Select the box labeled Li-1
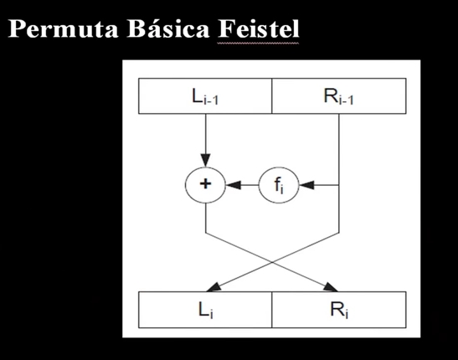tap(205, 96)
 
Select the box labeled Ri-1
tap(338, 96)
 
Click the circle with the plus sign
tap(205, 184)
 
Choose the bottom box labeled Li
tap(205, 310)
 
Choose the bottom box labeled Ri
tap(338, 310)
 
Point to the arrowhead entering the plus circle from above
tap(205, 161)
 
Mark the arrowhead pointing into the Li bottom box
tap(210, 287)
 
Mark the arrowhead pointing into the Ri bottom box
tap(333, 287)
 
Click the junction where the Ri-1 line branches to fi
tap(338, 184)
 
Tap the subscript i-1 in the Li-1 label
tap(214, 100)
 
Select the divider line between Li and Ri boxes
tap(272, 310)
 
